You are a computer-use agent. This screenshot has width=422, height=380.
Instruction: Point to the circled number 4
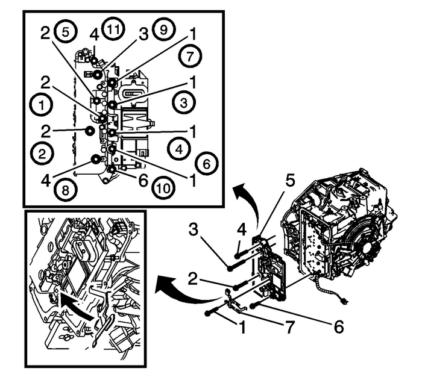(177, 146)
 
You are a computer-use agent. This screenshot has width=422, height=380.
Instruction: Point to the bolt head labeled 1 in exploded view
(209, 313)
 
